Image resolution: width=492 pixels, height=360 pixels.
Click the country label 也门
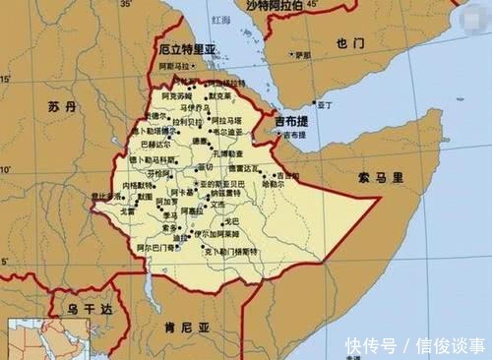(349, 42)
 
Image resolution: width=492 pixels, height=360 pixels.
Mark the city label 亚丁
(324, 102)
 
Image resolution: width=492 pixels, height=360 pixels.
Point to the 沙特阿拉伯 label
(284, 7)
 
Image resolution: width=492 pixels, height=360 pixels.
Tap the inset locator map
(31, 339)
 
